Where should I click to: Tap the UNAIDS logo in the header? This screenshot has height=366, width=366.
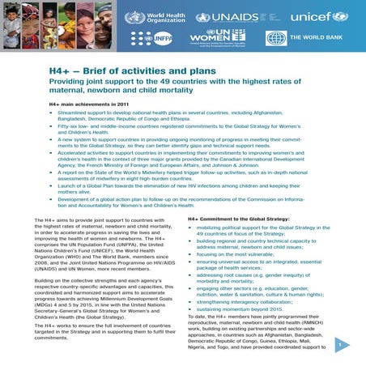tap(232, 17)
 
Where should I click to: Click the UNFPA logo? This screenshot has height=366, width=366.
tap(159, 38)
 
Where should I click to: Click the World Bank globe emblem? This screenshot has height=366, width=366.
tap(276, 38)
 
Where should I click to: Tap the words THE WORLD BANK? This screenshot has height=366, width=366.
tap(317, 38)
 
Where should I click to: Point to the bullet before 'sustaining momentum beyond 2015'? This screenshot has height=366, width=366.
tap(192, 309)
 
